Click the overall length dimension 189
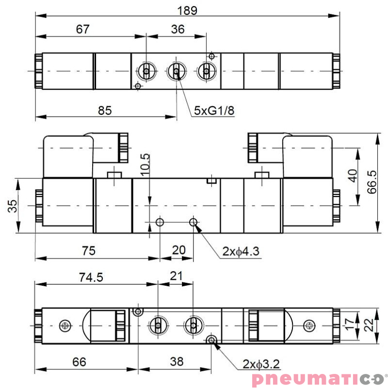point(187,10)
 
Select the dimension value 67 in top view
point(83,29)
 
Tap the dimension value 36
point(178,29)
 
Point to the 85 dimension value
point(105,111)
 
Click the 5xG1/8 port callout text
point(214,111)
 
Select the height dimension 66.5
point(372,182)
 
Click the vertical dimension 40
point(353,175)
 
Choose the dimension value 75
point(88,250)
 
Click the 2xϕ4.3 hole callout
point(241,251)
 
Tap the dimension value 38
point(177,362)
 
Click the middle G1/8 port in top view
point(176,72)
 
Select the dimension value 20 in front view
point(178,250)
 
